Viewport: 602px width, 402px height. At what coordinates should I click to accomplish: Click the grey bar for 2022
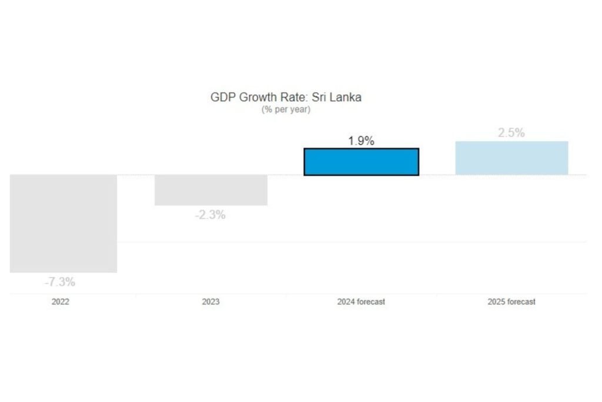tap(63, 224)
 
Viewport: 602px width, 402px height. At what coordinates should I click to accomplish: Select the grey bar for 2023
tap(211, 190)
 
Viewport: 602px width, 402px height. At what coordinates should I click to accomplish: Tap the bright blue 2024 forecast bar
tap(361, 162)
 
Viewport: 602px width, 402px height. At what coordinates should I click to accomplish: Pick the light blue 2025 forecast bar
tap(511, 158)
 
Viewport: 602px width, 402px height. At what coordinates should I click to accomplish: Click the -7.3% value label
tap(60, 282)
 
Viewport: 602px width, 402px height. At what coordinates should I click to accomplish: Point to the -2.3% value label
tap(210, 215)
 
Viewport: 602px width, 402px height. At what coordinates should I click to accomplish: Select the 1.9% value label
tap(361, 141)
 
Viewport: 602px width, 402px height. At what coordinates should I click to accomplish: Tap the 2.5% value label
tap(511, 133)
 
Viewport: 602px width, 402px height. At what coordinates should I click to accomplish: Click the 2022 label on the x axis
tap(60, 302)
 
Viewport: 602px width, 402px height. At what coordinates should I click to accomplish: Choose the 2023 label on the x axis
tap(210, 302)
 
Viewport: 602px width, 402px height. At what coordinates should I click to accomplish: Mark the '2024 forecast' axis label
tap(361, 302)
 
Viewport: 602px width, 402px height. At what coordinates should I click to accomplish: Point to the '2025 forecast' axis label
tap(511, 302)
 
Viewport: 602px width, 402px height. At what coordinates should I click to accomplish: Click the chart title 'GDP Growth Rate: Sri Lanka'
tap(286, 97)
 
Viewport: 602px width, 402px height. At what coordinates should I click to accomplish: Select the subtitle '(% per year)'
tap(286, 109)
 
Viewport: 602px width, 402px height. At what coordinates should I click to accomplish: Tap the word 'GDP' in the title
tap(222, 97)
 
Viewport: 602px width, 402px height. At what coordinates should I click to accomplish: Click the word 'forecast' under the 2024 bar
tap(370, 302)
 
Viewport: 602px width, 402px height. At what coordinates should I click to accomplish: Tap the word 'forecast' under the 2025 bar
tap(521, 302)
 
